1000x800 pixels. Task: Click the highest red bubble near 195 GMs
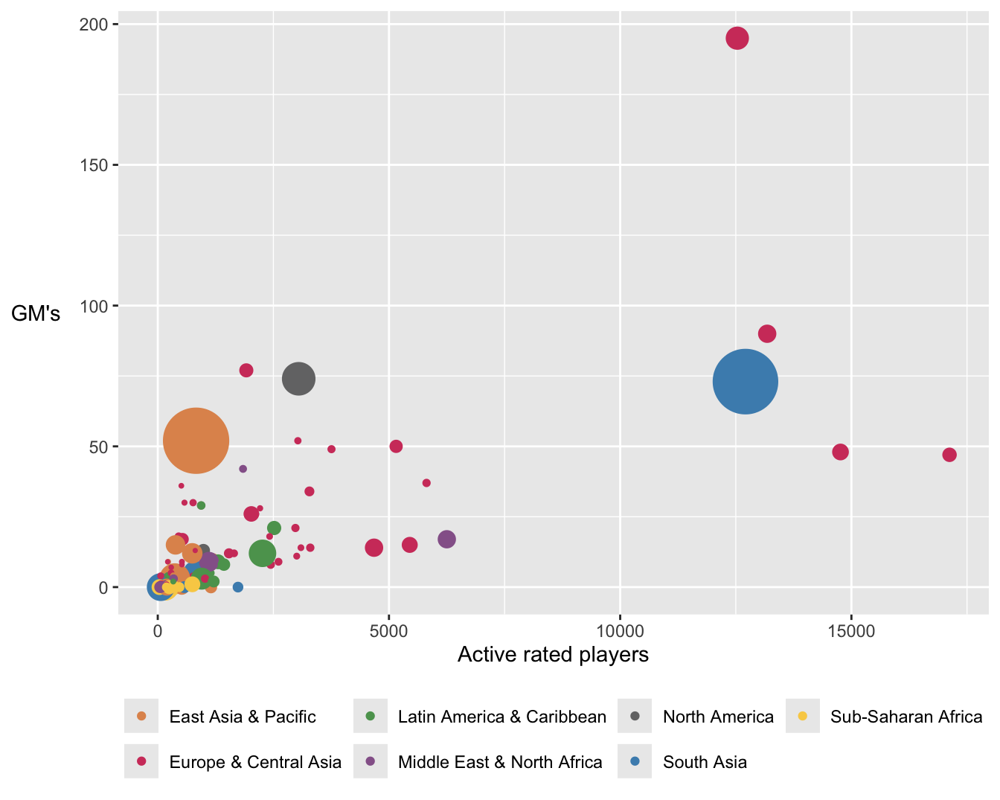point(737,38)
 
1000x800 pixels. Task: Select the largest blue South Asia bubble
point(745,382)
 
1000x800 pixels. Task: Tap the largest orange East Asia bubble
point(196,441)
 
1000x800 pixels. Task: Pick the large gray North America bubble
point(298,379)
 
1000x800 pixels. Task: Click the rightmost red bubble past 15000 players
point(949,455)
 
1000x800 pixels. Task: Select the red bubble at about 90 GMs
point(767,334)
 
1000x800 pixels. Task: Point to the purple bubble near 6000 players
point(446,539)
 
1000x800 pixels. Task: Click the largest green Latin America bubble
point(262,553)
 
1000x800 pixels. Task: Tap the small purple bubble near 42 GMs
point(243,469)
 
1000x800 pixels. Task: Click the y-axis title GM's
point(36,314)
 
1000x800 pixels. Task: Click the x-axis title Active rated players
point(553,655)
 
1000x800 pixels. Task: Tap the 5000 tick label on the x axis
point(388,632)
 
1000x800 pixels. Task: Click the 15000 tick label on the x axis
point(850,632)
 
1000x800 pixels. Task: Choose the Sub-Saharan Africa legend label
point(906,717)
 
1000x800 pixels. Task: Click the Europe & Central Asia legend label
point(255,762)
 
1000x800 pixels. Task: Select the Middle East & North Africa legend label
point(500,762)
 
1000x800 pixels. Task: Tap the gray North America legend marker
point(635,716)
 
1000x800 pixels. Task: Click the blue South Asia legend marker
point(635,761)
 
